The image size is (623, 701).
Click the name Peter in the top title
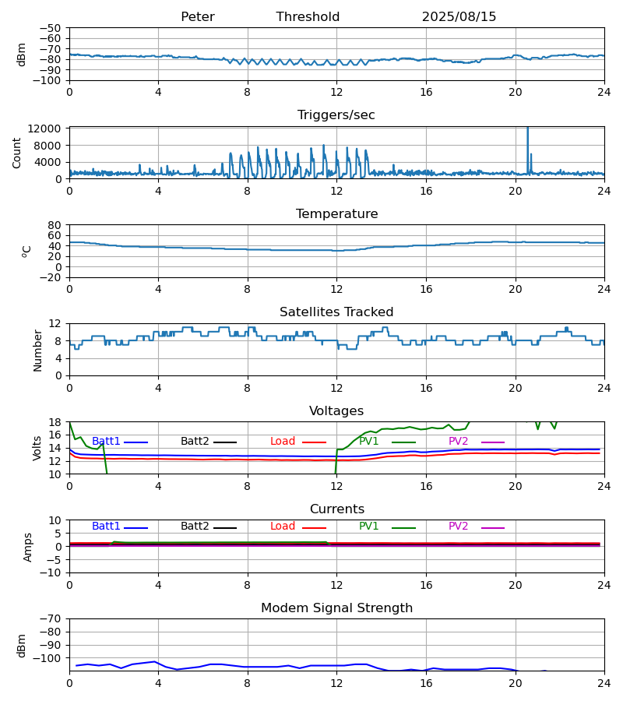pyautogui.click(x=197, y=17)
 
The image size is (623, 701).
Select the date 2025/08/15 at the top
pyautogui.click(x=459, y=17)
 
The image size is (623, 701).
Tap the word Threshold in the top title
pyautogui.click(x=308, y=17)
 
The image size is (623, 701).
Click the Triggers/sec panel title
pyautogui.click(x=336, y=115)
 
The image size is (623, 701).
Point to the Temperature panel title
pyautogui.click(x=336, y=214)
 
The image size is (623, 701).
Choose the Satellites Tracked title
pyautogui.click(x=336, y=312)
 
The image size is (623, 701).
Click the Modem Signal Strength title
pyautogui.click(x=336, y=608)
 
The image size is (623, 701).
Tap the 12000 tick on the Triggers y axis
pyautogui.click(x=48, y=129)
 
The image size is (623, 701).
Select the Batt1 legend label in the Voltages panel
pyautogui.click(x=106, y=442)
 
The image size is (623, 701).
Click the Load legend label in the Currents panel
pyautogui.click(x=283, y=527)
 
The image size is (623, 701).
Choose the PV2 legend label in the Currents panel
pyautogui.click(x=458, y=527)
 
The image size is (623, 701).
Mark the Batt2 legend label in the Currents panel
pyautogui.click(x=195, y=527)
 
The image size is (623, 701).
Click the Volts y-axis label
pyautogui.click(x=37, y=448)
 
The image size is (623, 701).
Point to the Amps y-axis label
pyautogui.click(x=28, y=547)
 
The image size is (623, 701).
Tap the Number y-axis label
pyautogui.click(x=37, y=350)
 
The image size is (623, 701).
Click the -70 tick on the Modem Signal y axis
pyautogui.click(x=51, y=618)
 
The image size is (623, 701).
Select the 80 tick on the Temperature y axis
pyautogui.click(x=55, y=224)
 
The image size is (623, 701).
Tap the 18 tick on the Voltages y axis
pyautogui.click(x=55, y=422)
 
